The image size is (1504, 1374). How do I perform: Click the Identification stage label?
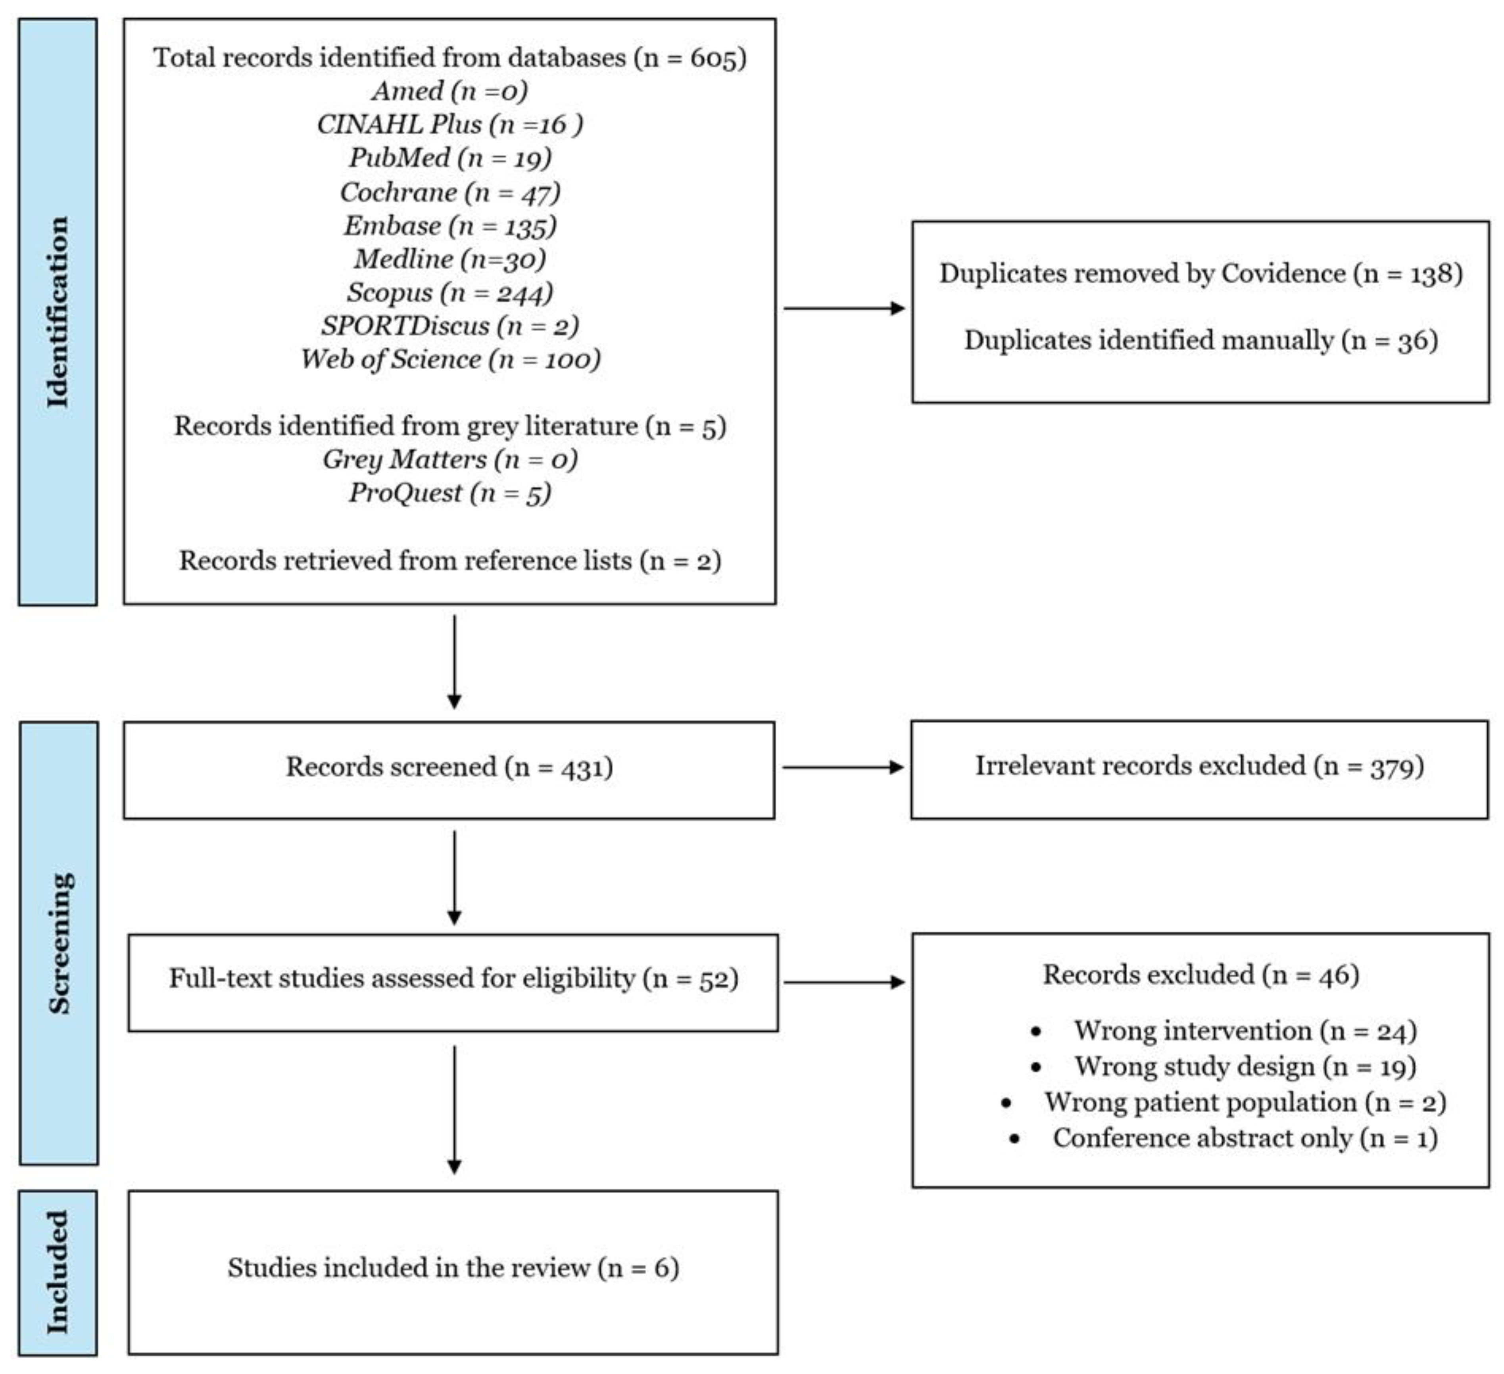tap(58, 312)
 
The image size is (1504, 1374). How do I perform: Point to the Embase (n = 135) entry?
tap(450, 225)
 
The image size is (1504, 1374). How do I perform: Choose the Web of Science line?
tap(450, 359)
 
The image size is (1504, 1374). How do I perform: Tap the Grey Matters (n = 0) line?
tap(450, 459)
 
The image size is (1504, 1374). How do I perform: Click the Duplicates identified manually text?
tap(1201, 341)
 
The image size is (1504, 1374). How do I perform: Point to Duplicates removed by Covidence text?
tap(1201, 274)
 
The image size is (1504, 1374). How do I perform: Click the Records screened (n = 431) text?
tap(449, 767)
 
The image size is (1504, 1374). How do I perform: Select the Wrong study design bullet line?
tap(1245, 1067)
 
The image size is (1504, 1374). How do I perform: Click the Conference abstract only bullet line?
tap(1245, 1138)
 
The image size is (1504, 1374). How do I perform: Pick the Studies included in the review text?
tap(453, 1267)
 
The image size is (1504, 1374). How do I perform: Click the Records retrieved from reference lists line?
tap(450, 560)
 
